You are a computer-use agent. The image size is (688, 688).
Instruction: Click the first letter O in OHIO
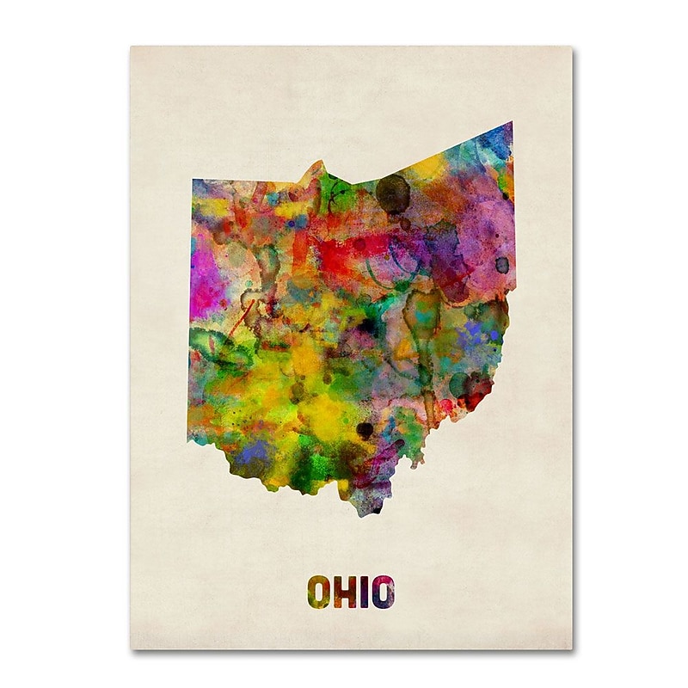[x=318, y=592]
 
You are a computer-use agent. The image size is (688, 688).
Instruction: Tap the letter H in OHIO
[x=345, y=592]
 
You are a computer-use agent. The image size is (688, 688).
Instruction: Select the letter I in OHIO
[x=365, y=592]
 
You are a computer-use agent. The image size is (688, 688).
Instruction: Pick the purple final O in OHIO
[x=384, y=592]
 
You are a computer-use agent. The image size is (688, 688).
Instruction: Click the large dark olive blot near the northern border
[x=393, y=192]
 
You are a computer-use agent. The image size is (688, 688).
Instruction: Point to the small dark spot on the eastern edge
[x=501, y=264]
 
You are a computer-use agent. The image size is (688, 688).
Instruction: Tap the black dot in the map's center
[x=368, y=326]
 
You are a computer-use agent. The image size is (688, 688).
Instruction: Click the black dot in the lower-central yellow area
[x=365, y=428]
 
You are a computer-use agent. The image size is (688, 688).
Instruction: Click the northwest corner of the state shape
[x=193, y=181]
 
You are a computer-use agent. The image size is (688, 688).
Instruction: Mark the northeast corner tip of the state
[x=511, y=124]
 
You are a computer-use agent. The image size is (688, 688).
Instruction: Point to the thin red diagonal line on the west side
[x=241, y=316]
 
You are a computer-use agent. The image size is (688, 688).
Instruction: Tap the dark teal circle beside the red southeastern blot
[x=458, y=384]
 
